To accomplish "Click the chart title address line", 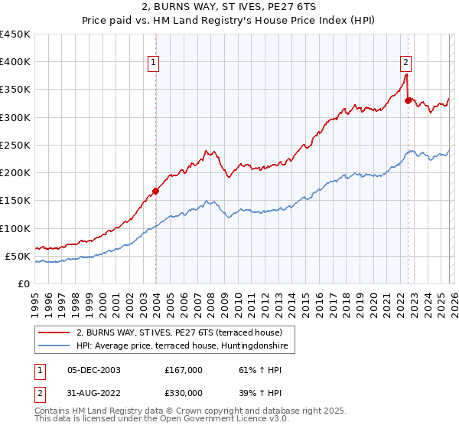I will point(229,8).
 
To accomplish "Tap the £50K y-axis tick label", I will point(17,256).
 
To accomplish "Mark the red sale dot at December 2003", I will point(155,192).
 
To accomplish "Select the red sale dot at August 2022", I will point(408,100).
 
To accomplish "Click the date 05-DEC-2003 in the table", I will point(93,370).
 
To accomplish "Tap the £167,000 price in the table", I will point(183,370).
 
